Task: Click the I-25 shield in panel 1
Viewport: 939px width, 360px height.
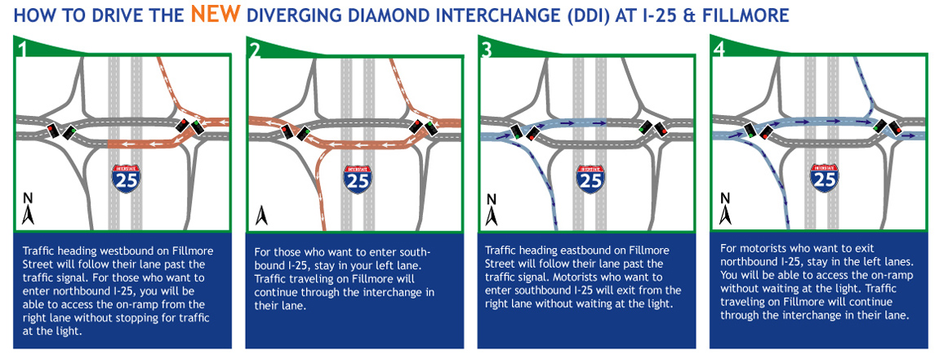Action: point(127,177)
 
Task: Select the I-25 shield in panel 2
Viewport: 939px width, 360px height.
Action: point(358,177)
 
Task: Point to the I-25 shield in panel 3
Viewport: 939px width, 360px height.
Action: point(590,177)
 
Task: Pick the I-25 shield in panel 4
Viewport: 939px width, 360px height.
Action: point(823,177)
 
